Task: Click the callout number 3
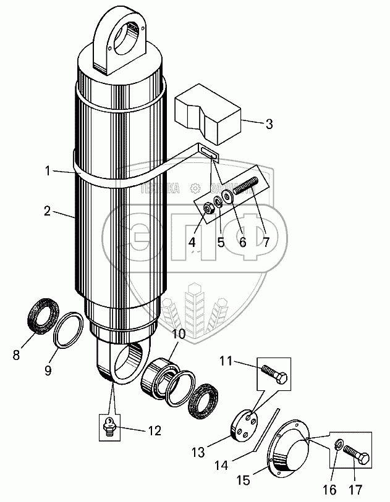coord(268,124)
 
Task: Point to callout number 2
coord(47,211)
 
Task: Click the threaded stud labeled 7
coord(247,186)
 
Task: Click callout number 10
coord(178,334)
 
